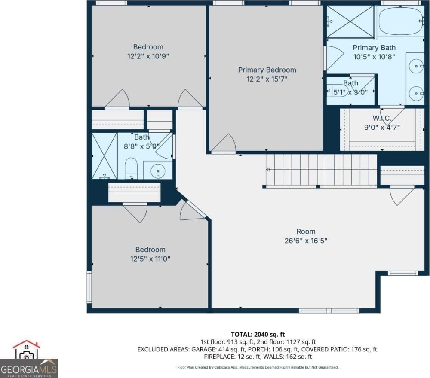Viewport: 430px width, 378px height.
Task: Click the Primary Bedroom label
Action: pyautogui.click(x=267, y=70)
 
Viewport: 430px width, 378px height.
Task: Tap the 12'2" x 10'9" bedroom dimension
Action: pyautogui.click(x=148, y=56)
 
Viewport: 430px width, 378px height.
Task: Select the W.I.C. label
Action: pyautogui.click(x=382, y=118)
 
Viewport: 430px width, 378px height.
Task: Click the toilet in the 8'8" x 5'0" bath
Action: pyautogui.click(x=131, y=168)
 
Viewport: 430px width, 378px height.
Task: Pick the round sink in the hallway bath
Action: pyautogui.click(x=158, y=171)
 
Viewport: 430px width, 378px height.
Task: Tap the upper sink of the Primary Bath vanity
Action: pyautogui.click(x=416, y=66)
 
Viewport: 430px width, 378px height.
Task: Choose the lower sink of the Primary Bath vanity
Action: pyautogui.click(x=416, y=93)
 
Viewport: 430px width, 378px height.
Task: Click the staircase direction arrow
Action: pyautogui.click(x=268, y=170)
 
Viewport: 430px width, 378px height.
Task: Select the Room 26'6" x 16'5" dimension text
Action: pyautogui.click(x=306, y=241)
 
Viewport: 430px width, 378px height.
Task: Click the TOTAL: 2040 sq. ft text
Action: pyautogui.click(x=258, y=335)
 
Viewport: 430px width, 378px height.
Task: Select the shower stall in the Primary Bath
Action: pyautogui.click(x=350, y=21)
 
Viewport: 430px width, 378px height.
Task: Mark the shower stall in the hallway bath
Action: pyautogui.click(x=104, y=156)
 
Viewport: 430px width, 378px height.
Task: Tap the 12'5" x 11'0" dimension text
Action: pyautogui.click(x=150, y=259)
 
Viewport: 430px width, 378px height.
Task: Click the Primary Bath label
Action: pyautogui.click(x=374, y=48)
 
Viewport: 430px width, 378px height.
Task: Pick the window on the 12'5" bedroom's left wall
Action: pyautogui.click(x=89, y=287)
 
